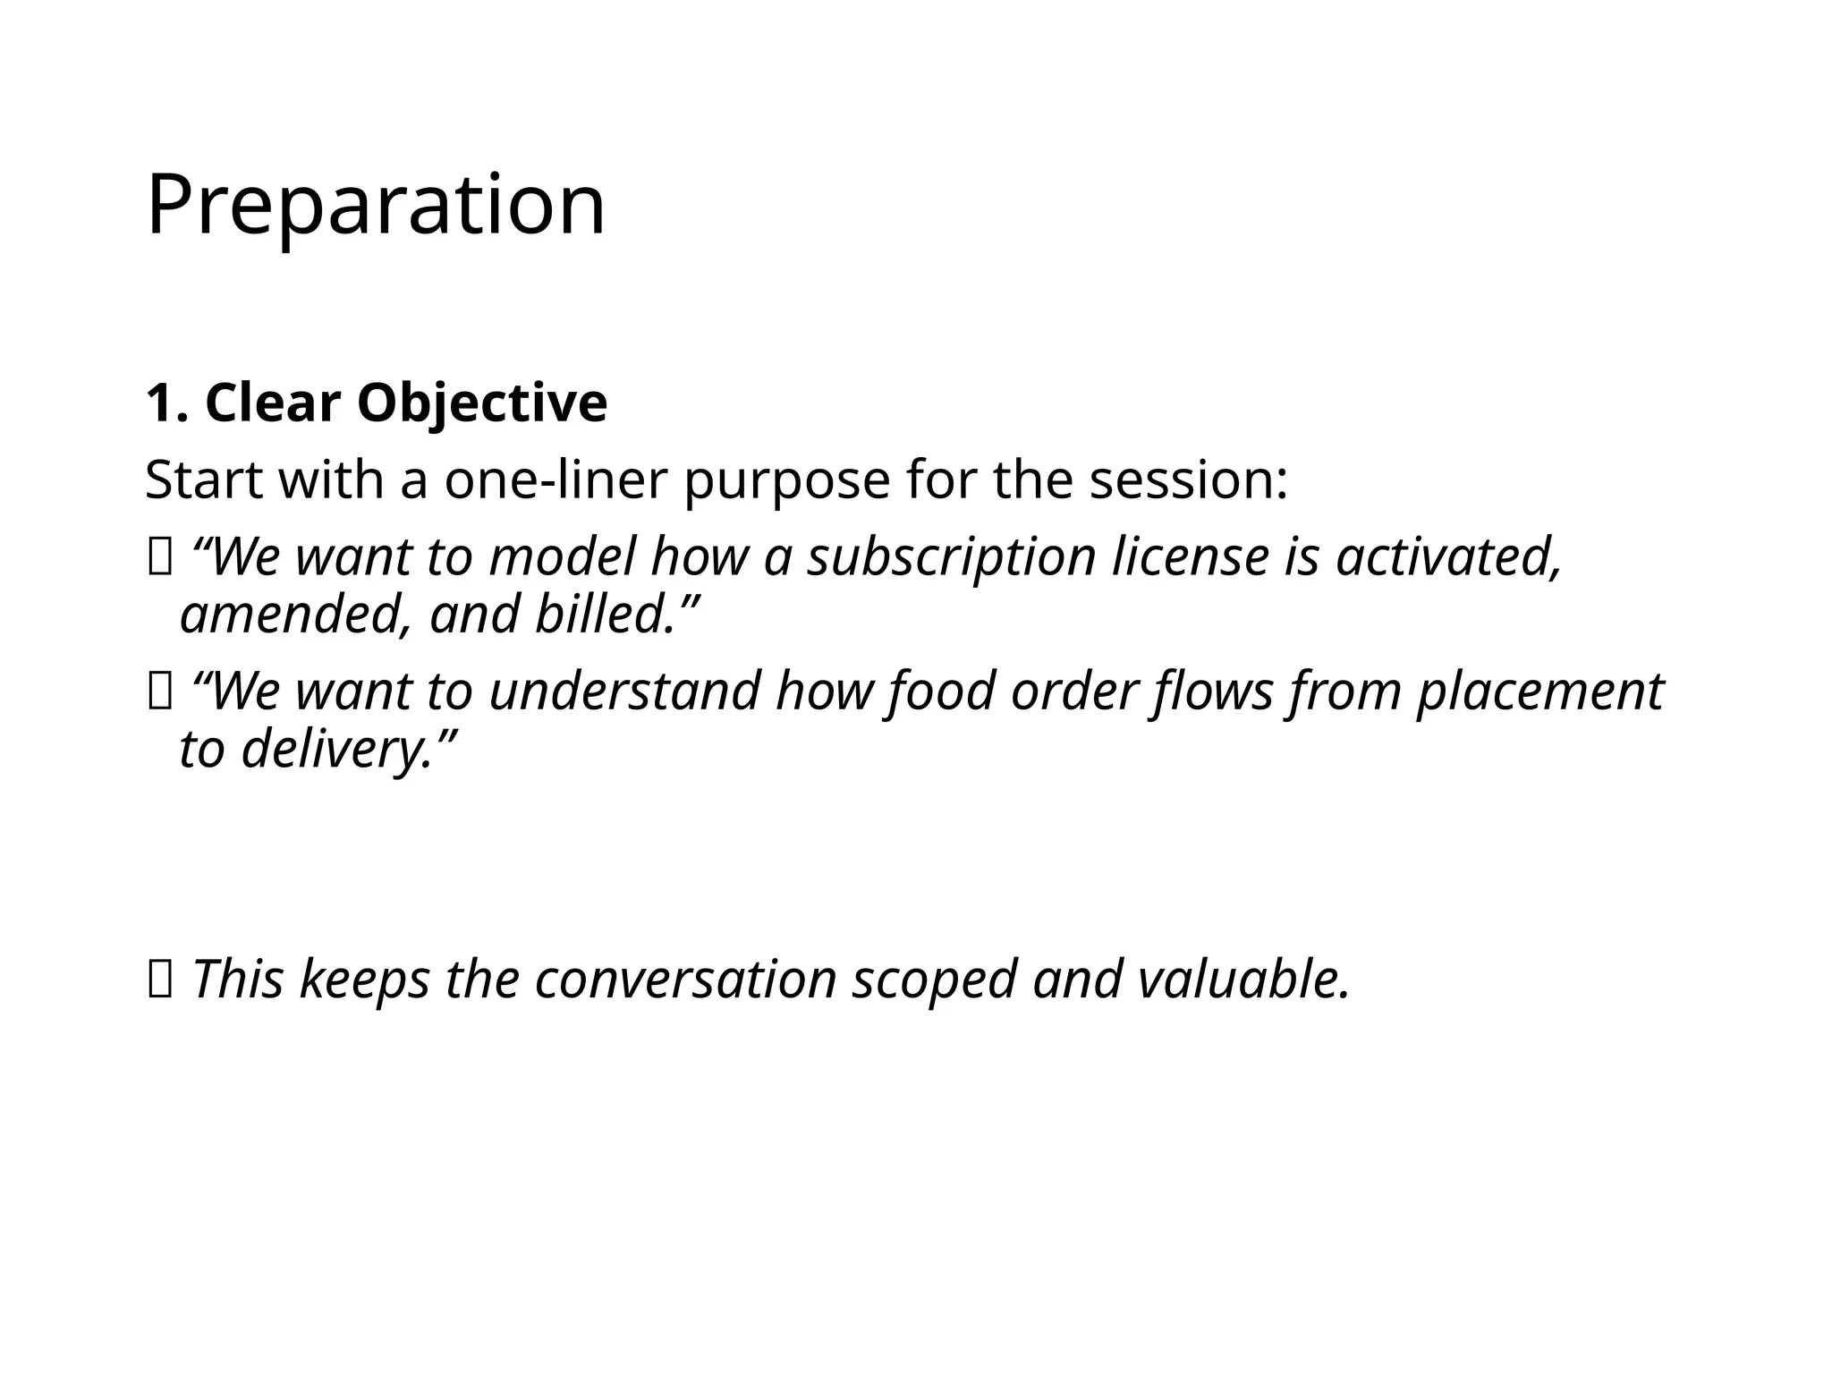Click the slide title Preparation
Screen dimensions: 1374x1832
click(376, 206)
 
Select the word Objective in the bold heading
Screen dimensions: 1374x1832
click(482, 403)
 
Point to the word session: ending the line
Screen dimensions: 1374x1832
click(1189, 480)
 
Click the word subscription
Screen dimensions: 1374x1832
click(952, 556)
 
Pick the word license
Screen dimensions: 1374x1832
click(1191, 556)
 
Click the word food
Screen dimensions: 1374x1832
click(940, 691)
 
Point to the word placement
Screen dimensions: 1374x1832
click(1539, 691)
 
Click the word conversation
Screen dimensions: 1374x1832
click(685, 979)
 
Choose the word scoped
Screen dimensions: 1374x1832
click(935, 979)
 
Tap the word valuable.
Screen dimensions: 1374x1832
click(1243, 979)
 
